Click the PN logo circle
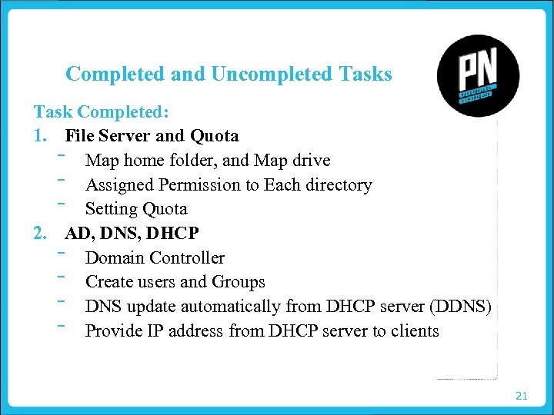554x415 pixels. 477,76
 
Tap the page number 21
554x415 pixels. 521,396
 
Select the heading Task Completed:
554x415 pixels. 101,111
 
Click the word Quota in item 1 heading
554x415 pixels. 215,136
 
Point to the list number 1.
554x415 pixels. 40,136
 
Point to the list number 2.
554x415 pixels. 41,233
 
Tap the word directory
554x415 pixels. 338,184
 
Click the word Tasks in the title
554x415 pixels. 365,75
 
